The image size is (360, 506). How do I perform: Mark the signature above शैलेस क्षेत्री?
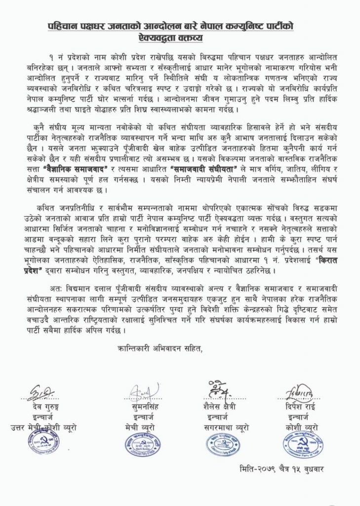(220, 390)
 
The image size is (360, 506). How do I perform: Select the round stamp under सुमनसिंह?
(143, 443)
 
